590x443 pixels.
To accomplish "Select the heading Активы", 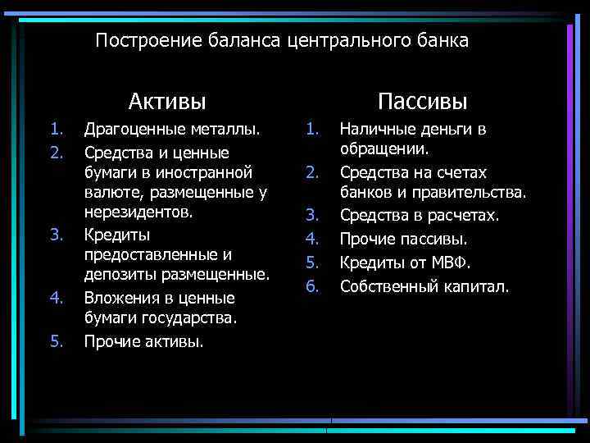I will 167,102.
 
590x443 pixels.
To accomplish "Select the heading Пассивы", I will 423,102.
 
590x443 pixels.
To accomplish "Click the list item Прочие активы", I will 144,341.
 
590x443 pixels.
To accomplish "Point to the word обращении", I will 385,149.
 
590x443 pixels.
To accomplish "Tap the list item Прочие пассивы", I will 404,240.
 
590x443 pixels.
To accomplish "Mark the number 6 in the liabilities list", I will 311,286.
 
